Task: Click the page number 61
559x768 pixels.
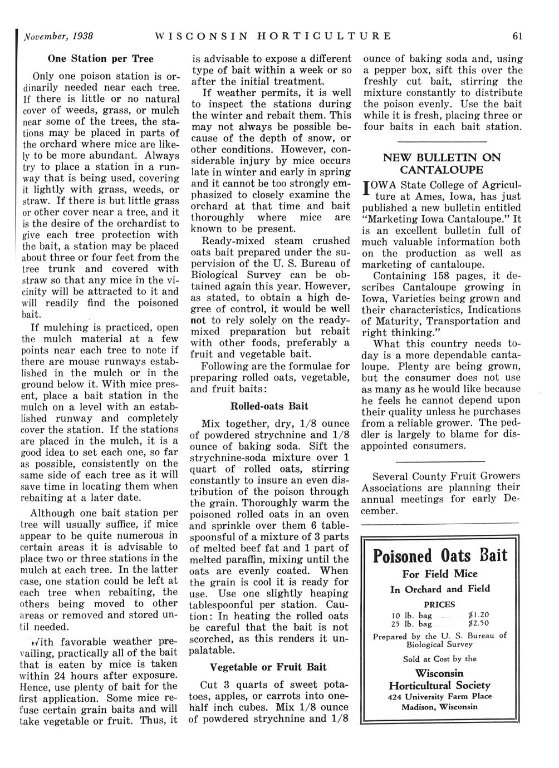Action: click(x=517, y=37)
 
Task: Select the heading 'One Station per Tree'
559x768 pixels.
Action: click(x=100, y=58)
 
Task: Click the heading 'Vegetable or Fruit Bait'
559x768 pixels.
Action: click(x=268, y=667)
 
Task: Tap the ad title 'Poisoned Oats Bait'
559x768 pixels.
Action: click(x=440, y=555)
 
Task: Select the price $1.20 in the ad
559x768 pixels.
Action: click(x=479, y=615)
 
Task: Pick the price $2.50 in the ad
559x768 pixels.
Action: click(x=479, y=624)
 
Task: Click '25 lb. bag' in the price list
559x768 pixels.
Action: click(x=413, y=624)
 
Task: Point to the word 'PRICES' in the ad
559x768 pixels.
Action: click(x=439, y=604)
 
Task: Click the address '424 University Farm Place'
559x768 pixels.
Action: click(x=440, y=696)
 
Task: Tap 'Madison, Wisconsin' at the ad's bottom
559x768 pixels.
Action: click(x=440, y=707)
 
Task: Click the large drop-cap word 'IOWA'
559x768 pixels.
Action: click(x=380, y=185)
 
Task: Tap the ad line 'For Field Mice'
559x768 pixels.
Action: click(x=440, y=574)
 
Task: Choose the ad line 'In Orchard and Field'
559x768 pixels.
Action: click(x=440, y=589)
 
